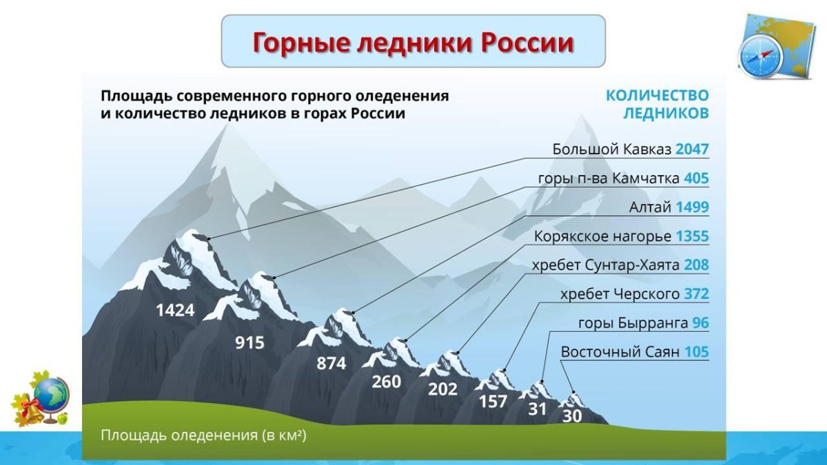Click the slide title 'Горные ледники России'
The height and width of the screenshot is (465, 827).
click(412, 42)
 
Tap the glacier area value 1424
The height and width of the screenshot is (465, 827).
click(175, 311)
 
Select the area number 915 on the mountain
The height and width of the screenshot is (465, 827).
click(249, 342)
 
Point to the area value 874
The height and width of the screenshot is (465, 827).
click(331, 364)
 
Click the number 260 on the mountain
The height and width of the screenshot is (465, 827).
click(386, 381)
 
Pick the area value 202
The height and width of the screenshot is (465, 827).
click(442, 389)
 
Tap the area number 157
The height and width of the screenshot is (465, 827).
click(493, 401)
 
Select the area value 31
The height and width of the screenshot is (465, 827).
click(537, 409)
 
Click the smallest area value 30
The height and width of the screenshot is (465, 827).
click(571, 416)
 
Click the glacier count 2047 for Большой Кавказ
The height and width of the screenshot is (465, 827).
click(692, 149)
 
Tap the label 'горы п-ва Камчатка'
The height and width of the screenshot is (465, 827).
click(609, 178)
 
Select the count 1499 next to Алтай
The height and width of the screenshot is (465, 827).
click(692, 207)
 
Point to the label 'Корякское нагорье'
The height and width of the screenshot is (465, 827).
click(602, 236)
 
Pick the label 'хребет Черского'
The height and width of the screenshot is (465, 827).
click(620, 294)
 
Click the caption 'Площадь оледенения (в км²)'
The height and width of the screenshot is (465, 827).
click(203, 435)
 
